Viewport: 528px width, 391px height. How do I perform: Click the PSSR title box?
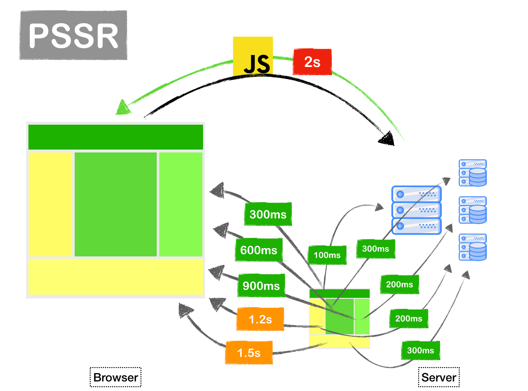[73, 35]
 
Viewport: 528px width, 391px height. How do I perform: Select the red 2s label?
[312, 62]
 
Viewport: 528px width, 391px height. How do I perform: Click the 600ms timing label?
[259, 250]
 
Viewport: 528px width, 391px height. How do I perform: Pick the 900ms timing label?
[261, 286]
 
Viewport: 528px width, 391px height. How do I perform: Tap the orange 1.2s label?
[260, 319]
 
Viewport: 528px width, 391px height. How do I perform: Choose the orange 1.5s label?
[249, 353]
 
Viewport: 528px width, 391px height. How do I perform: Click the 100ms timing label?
[327, 255]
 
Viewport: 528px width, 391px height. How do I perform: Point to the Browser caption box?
[116, 377]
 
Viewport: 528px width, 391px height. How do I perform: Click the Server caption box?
[439, 377]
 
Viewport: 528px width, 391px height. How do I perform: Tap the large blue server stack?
[416, 210]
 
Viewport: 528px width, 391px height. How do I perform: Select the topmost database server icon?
[472, 173]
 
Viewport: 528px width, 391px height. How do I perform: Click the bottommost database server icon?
[472, 247]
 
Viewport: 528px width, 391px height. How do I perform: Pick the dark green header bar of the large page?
[116, 137]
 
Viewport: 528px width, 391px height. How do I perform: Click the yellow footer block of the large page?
[116, 277]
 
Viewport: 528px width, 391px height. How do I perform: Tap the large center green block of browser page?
[116, 204]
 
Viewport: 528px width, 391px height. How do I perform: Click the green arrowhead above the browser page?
[123, 108]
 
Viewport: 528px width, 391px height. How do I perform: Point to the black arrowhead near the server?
[387, 139]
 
